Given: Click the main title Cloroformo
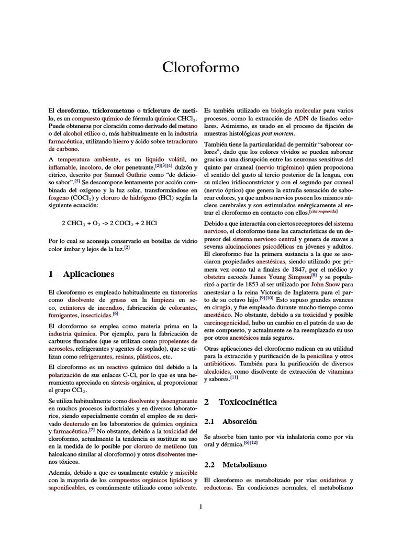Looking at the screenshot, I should click(x=201, y=68).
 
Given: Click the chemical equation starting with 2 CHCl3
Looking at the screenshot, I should click(x=109, y=222).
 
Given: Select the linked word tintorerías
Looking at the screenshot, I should click(x=184, y=292).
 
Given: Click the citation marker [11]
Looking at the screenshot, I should click(x=233, y=378).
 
